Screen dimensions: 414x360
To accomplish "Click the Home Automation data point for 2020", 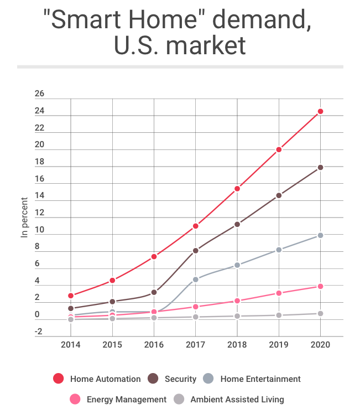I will (x=320, y=112).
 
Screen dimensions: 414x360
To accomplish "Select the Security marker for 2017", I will (x=196, y=251).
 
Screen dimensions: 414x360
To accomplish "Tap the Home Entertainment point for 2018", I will (x=237, y=265).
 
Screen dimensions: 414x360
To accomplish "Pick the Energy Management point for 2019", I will (x=279, y=293).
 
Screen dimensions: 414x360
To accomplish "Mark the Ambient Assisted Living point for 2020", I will (x=320, y=314).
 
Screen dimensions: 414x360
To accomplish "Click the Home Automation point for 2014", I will (x=71, y=296).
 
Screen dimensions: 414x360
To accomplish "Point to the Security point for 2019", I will (x=279, y=195).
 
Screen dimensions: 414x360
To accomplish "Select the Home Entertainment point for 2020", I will (x=320, y=236).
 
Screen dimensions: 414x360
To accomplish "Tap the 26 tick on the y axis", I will (x=39, y=94).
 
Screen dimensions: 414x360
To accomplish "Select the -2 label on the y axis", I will (x=38, y=332).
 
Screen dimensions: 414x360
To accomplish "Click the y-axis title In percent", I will (x=24, y=218).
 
